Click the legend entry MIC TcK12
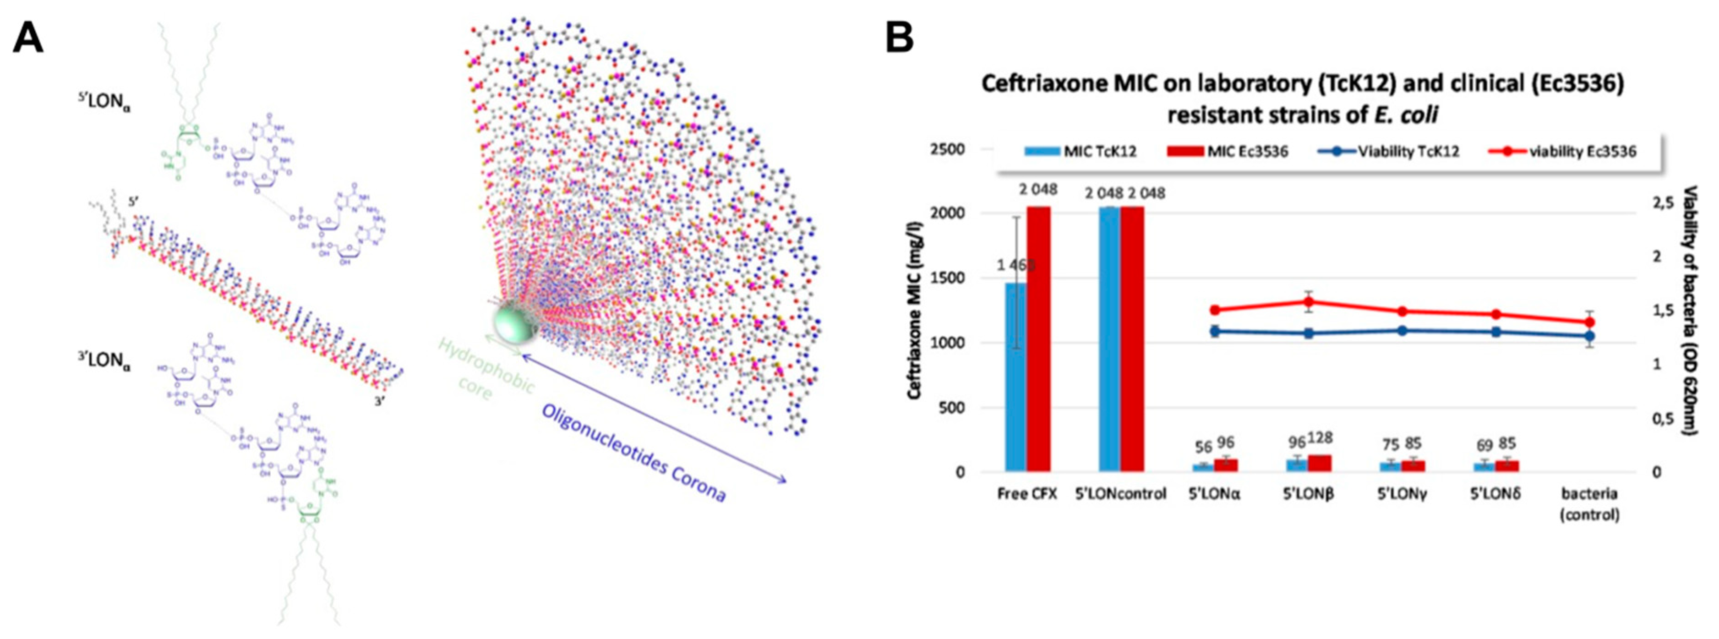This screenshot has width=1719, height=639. coord(1081,152)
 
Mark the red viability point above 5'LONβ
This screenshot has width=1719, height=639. coord(1309,301)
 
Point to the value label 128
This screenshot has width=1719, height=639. coord(1319,438)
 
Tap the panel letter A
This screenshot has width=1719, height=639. coord(28,38)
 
